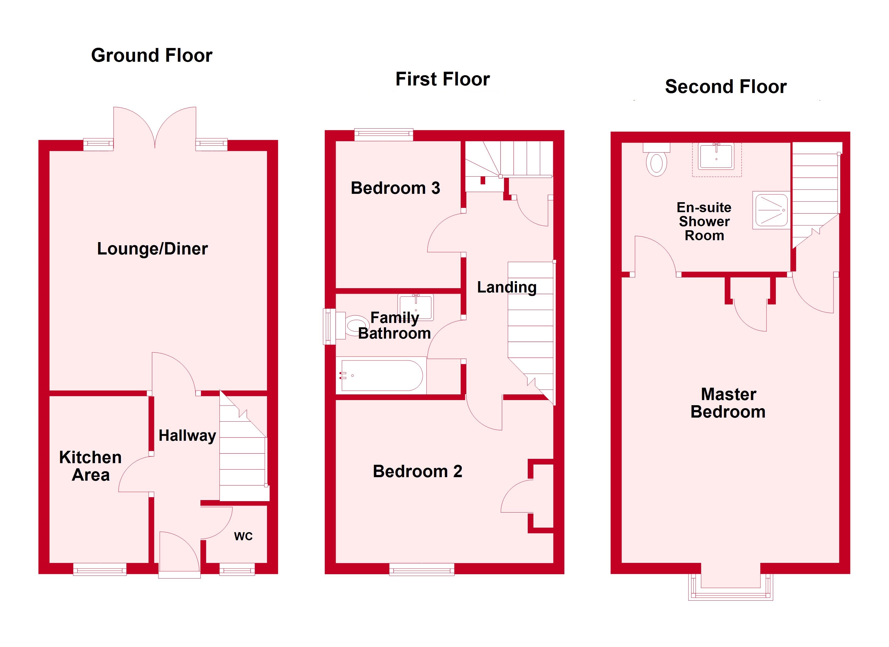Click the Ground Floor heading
152,55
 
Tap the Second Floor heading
725,87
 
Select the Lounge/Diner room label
152,249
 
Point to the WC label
244,536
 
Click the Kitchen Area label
91,466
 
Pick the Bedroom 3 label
395,188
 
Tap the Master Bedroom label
728,403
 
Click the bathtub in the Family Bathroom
381,376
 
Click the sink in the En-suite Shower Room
716,156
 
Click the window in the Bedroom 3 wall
384,135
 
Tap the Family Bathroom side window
329,327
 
